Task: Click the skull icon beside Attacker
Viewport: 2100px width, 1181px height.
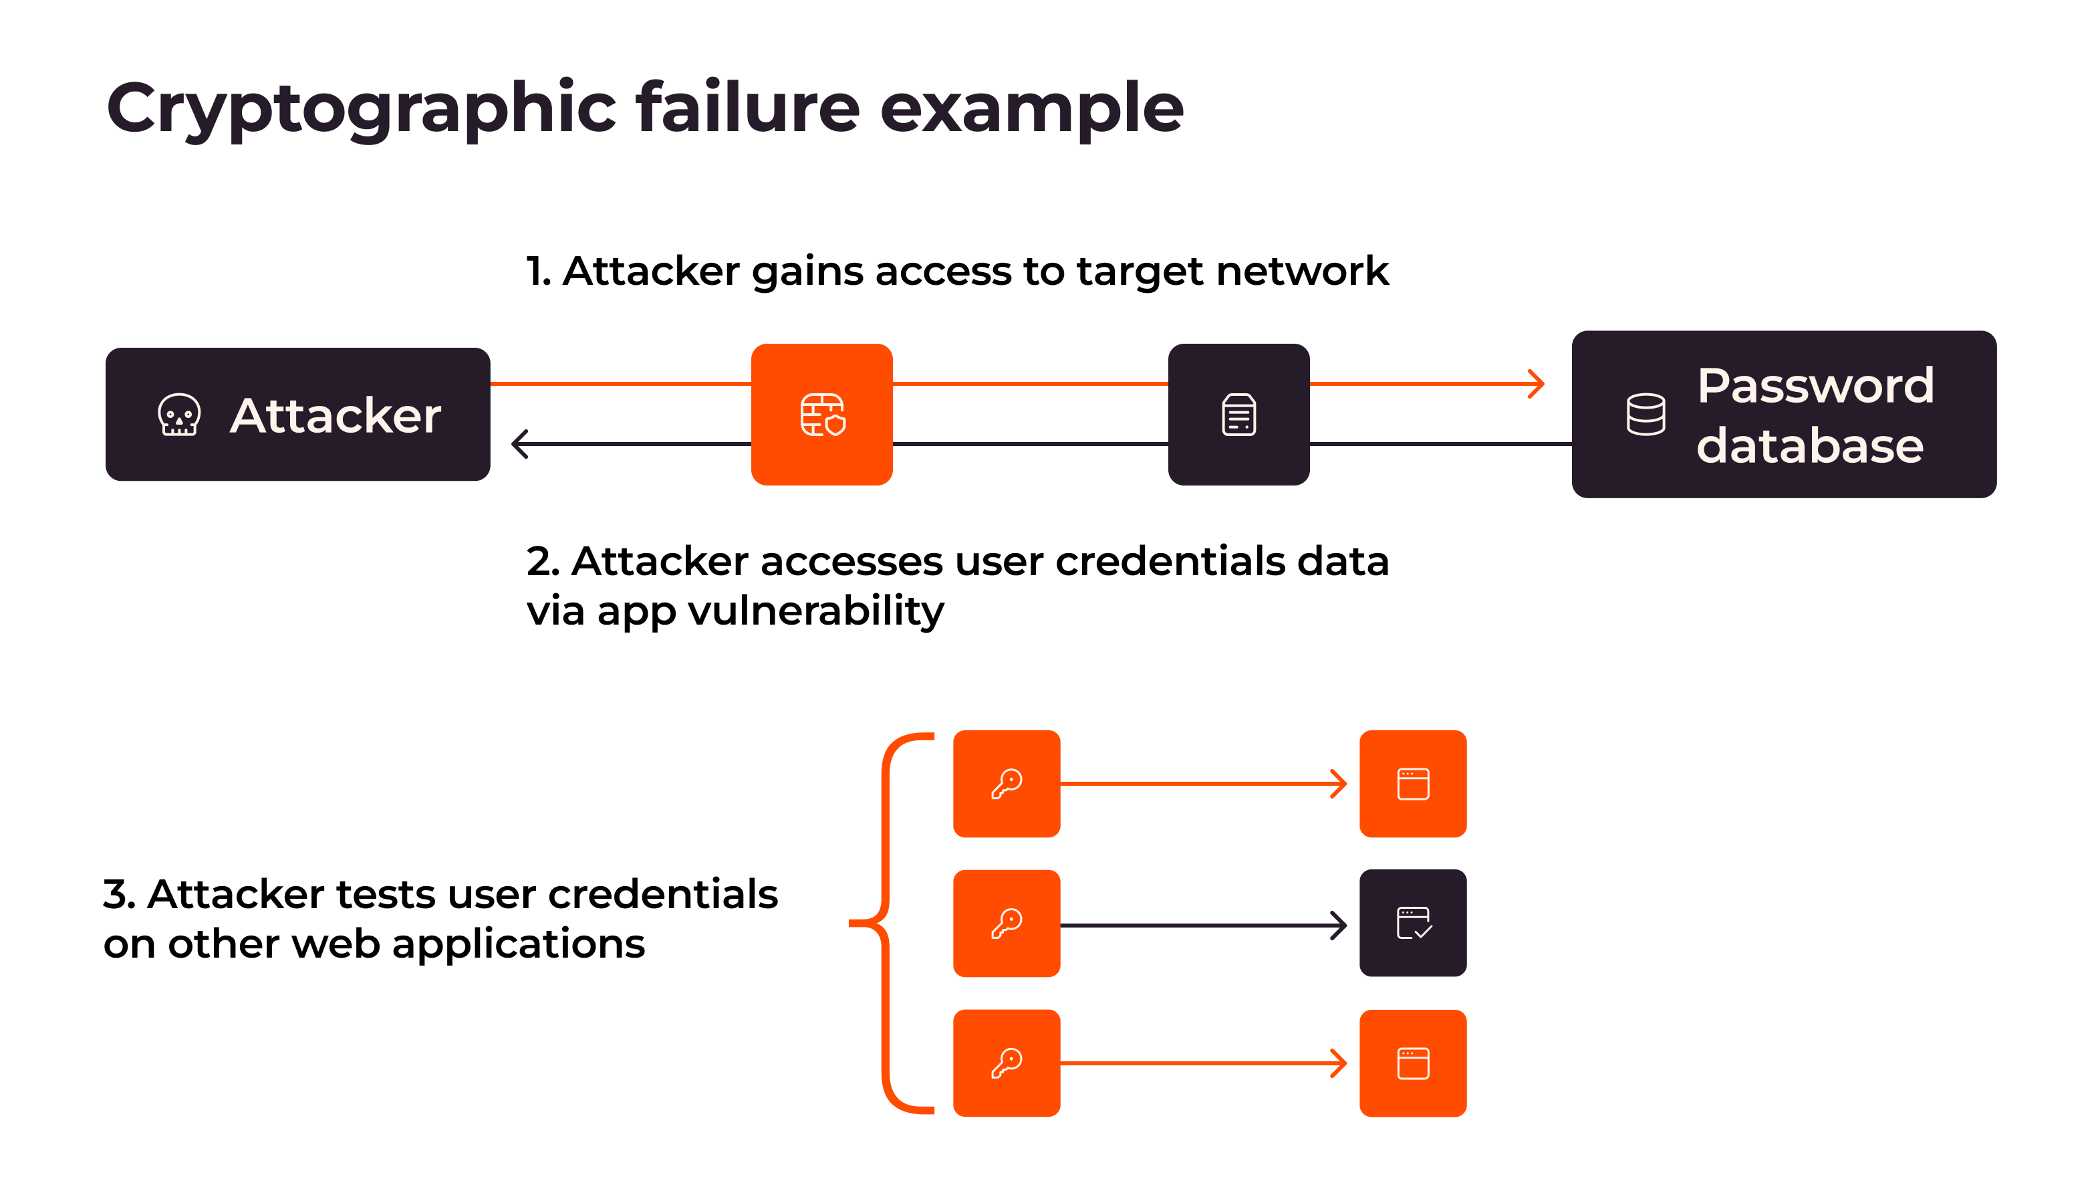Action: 178,415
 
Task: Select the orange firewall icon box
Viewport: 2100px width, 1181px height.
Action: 821,415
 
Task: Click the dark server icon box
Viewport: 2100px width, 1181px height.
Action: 1238,415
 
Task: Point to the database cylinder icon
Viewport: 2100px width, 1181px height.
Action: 1645,415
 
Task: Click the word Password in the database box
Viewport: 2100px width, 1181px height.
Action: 1815,385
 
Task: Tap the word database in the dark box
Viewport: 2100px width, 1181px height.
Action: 1810,446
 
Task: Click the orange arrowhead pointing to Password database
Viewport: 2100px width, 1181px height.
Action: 1536,383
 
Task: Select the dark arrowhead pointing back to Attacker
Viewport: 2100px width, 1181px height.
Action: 520,445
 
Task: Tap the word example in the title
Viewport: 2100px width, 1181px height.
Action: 1031,108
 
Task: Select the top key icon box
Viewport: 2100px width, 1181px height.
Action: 1007,784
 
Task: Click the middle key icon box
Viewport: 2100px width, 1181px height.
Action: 1007,924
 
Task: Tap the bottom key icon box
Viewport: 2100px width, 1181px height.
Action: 1007,1063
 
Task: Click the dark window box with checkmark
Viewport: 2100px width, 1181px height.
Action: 1413,924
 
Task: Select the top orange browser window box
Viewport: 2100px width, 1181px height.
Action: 1413,784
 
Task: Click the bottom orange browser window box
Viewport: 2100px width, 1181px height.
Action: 1413,1063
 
